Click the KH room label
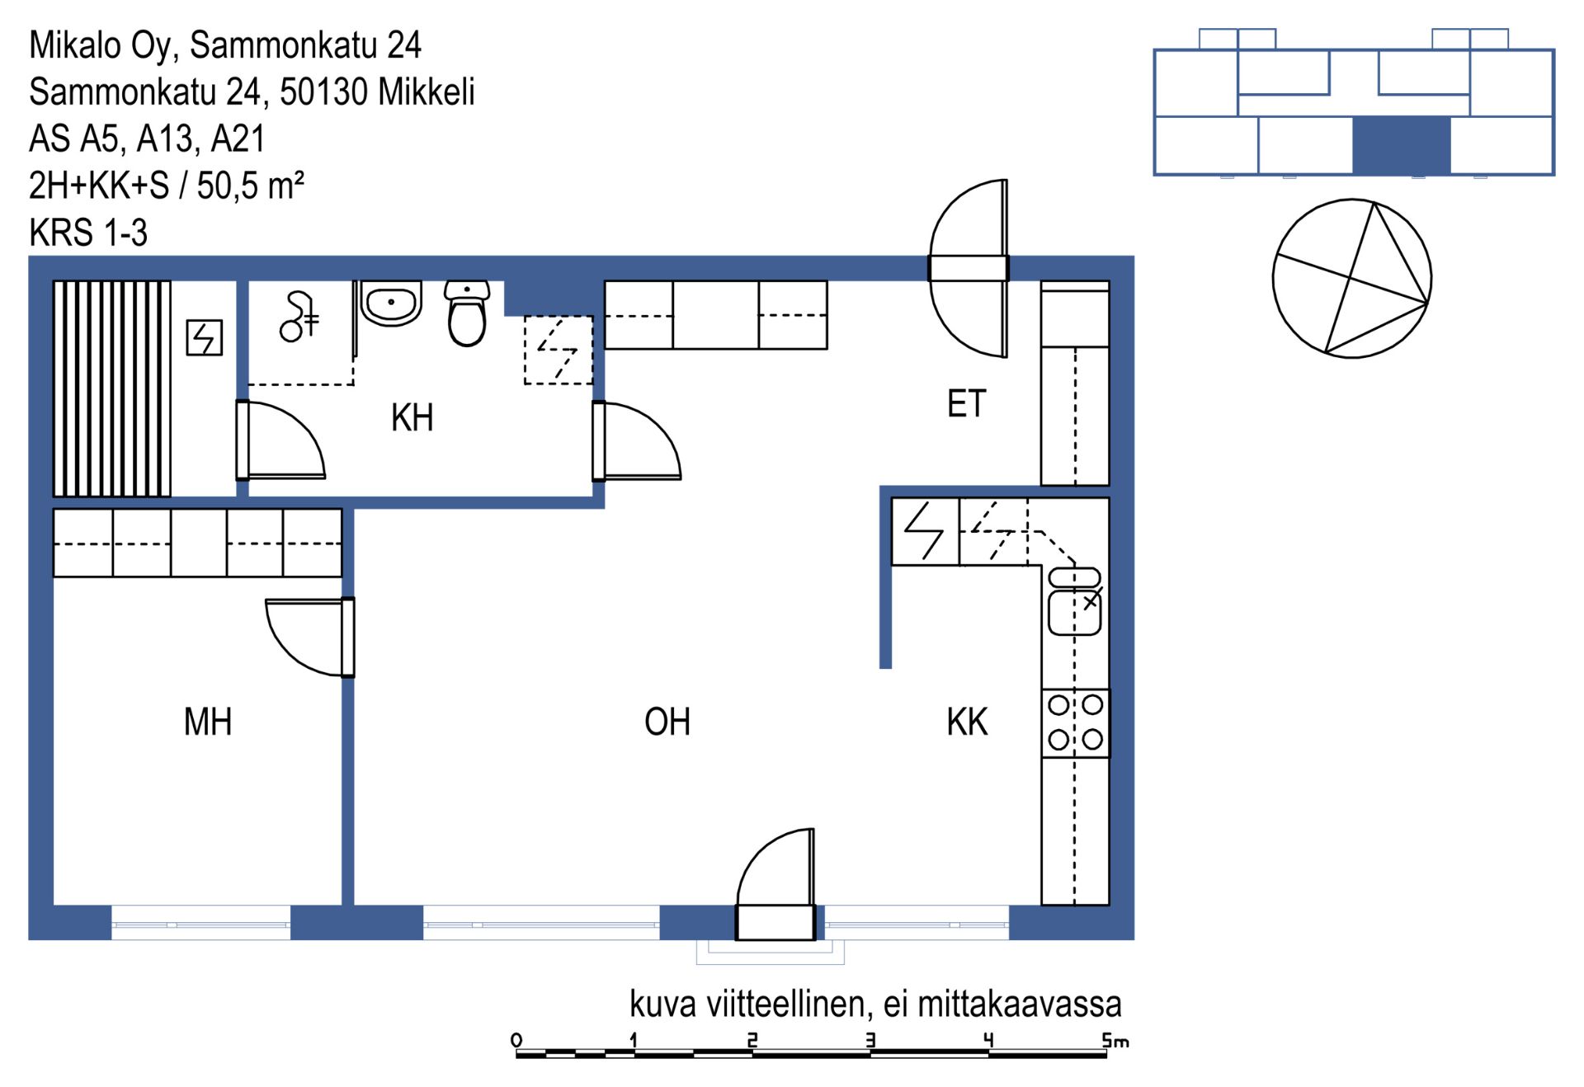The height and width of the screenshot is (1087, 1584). (412, 417)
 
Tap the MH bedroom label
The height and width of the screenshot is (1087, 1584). (208, 722)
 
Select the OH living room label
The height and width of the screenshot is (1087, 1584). (667, 722)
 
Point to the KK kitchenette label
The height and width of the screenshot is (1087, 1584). (967, 722)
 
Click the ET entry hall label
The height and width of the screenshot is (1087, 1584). (966, 404)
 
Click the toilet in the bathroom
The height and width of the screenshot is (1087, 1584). (467, 313)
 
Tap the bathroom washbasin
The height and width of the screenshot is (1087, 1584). (391, 303)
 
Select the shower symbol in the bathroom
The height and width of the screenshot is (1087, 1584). (299, 317)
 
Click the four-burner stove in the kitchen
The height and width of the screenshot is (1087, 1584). (1075, 723)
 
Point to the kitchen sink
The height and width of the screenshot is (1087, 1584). (1074, 601)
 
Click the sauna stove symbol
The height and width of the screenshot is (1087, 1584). (204, 337)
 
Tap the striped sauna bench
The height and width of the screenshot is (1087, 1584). (112, 388)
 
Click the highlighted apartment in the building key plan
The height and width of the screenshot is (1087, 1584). (1402, 145)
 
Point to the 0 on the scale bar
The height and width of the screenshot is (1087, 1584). (516, 1040)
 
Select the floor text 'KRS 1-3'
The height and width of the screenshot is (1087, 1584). (88, 233)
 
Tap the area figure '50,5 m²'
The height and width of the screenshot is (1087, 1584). (251, 185)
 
